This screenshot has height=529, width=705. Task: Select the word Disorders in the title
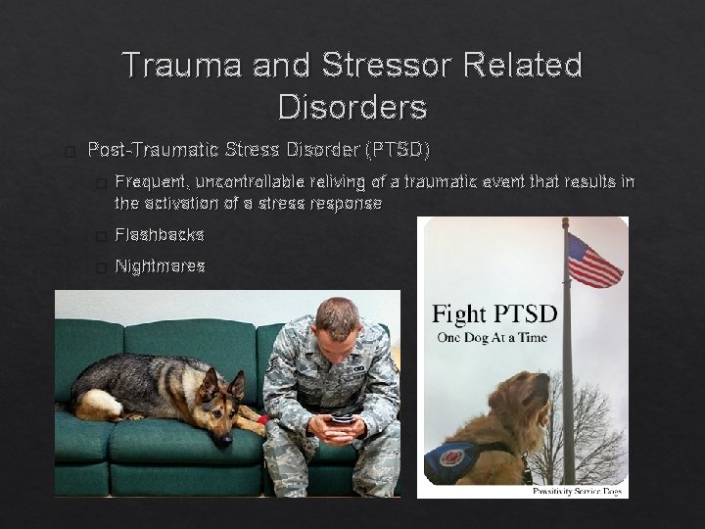(352, 106)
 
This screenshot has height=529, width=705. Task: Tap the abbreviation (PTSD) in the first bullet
(397, 150)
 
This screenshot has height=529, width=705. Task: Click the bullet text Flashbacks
(160, 235)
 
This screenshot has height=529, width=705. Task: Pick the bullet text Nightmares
(160, 265)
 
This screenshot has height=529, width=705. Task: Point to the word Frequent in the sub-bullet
(151, 182)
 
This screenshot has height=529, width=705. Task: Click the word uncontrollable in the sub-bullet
(250, 182)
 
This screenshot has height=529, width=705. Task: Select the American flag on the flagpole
(593, 260)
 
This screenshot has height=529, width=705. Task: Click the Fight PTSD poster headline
(494, 314)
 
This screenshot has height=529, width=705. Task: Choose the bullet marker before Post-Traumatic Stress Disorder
(68, 152)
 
